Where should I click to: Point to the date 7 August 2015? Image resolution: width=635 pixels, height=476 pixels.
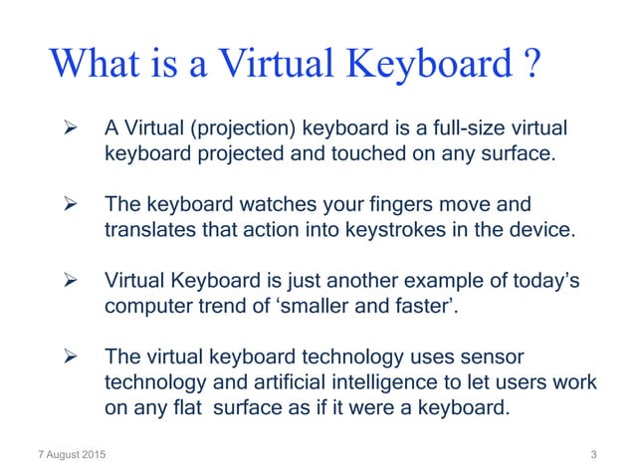(70, 455)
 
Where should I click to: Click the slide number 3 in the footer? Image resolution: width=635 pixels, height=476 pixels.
(593, 455)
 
